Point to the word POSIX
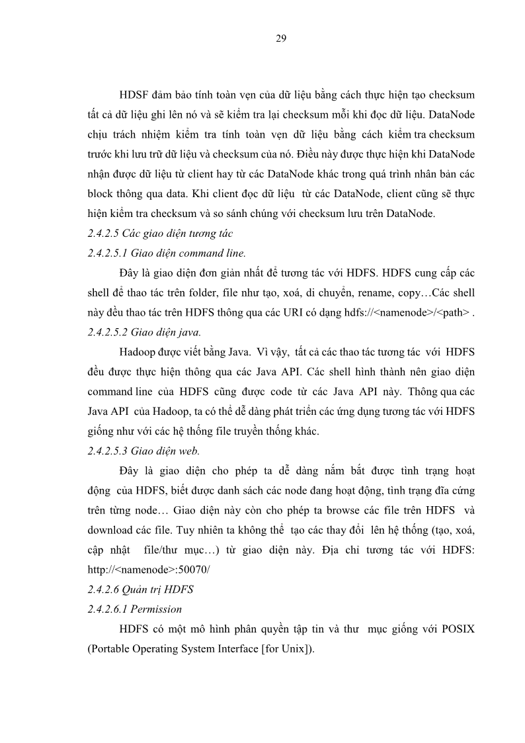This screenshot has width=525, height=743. tap(456, 629)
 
